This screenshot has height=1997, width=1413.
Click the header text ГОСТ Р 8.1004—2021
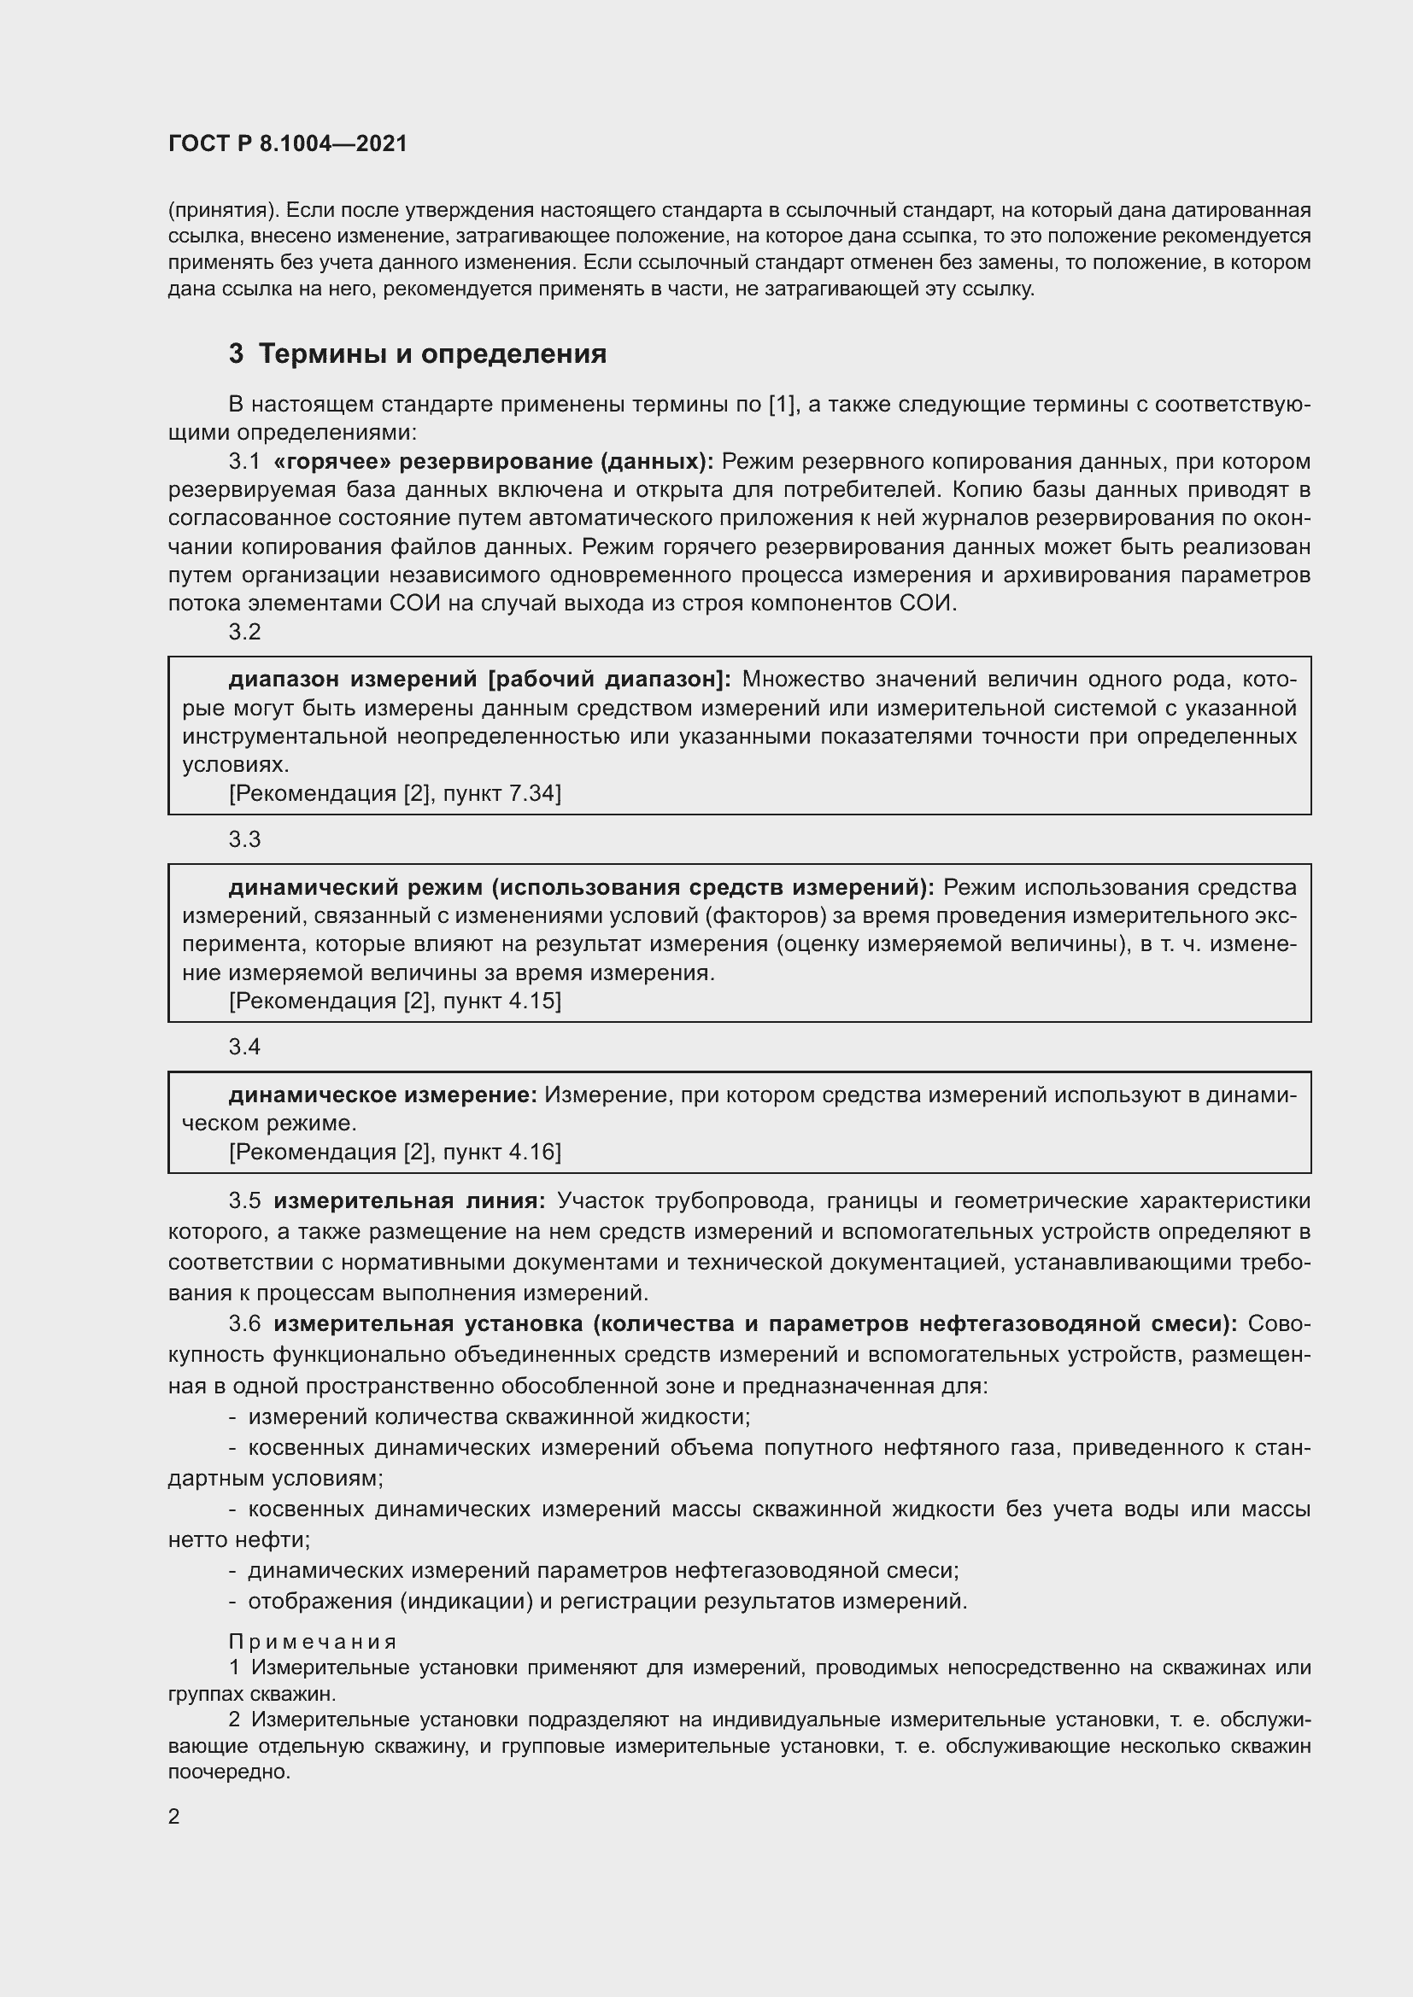tap(287, 143)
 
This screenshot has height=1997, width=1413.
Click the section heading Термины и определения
tap(432, 354)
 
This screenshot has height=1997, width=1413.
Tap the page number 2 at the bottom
tap(174, 1816)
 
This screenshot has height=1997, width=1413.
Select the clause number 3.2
tap(244, 632)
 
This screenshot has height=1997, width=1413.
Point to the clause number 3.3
tap(244, 839)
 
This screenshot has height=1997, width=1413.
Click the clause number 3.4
tap(244, 1047)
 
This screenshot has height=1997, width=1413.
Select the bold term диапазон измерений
tap(352, 680)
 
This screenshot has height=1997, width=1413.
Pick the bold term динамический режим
tap(355, 887)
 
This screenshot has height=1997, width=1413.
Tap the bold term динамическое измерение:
tap(383, 1095)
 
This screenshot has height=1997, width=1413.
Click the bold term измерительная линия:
tap(409, 1201)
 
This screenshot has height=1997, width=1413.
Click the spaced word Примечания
tap(313, 1642)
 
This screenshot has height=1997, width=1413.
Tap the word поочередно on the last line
tap(229, 1772)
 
